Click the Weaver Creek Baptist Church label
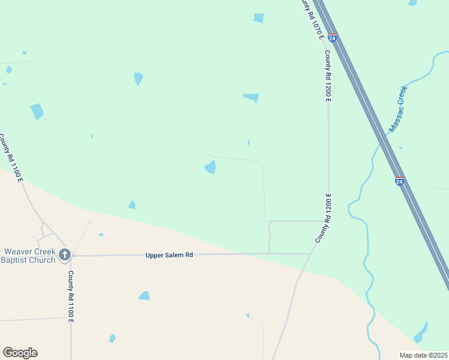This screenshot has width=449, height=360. pos(28,256)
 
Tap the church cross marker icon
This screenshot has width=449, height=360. pos(65,255)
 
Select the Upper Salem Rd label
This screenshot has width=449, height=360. pos(169,255)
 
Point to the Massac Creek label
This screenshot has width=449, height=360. pos(398,109)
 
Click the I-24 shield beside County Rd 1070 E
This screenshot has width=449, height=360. pos(333,38)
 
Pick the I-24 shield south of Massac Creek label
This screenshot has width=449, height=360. pos(400,181)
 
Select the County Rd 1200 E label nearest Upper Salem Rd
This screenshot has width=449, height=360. pos(324,218)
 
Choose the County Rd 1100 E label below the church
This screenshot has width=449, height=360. pos(71,296)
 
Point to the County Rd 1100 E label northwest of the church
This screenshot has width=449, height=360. pos(10,158)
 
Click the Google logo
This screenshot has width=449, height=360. pos(20,353)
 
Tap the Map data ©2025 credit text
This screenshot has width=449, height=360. pos(423,355)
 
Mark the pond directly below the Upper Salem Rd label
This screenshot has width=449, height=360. pos(144,295)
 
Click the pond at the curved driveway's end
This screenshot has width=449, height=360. pos(211,167)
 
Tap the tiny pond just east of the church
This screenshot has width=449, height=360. pos(101,235)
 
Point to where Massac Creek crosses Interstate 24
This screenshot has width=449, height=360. pos(383,139)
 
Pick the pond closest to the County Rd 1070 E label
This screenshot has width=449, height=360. pos(259,18)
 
